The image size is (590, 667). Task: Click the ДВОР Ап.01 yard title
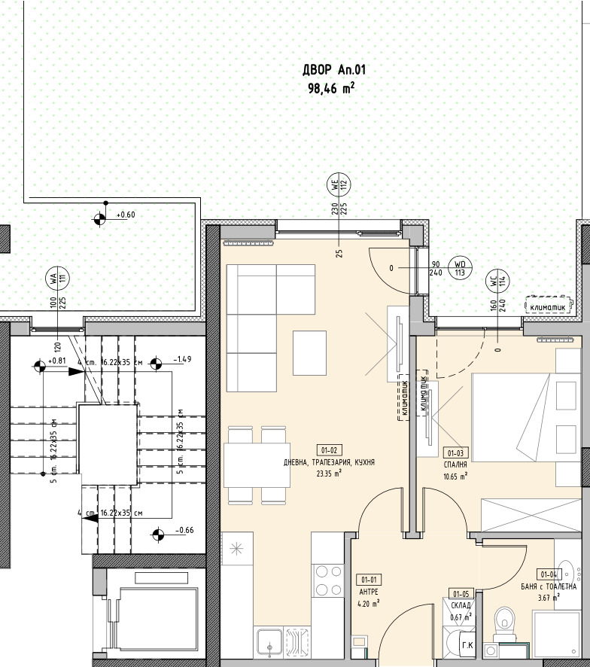[x=334, y=70]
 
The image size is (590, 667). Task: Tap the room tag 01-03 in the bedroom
[x=456, y=453]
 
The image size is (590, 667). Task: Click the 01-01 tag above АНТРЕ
[x=369, y=579]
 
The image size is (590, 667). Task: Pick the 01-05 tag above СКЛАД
[x=461, y=594]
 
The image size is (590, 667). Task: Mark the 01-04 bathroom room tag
[x=549, y=574]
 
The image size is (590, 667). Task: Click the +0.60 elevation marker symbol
[x=99, y=218]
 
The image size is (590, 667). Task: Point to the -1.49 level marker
[x=157, y=365]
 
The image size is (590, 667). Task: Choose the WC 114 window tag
[x=497, y=281]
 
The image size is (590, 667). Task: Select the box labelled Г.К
[x=467, y=645]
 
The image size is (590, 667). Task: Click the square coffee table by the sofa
[x=311, y=351]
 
